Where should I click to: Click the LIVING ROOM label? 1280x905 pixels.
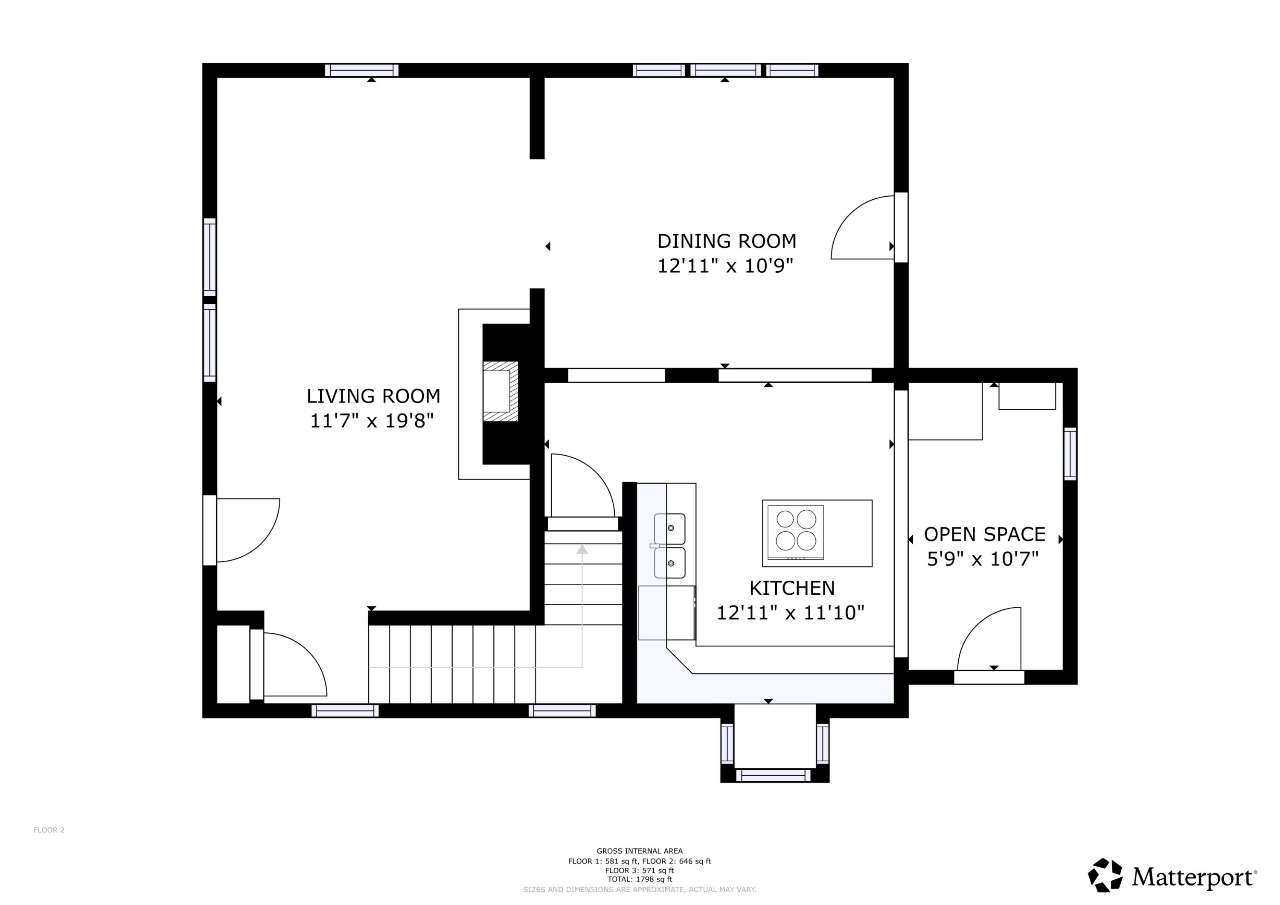pyautogui.click(x=373, y=396)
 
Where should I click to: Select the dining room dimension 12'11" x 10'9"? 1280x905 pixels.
pyautogui.click(x=725, y=266)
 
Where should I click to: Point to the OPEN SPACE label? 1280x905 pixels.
pyautogui.click(x=984, y=534)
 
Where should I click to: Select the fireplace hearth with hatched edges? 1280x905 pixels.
pyautogui.click(x=500, y=391)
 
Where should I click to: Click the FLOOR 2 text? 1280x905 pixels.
pyautogui.click(x=49, y=830)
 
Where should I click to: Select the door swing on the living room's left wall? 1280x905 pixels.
pyautogui.click(x=247, y=529)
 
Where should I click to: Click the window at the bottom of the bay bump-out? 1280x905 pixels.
pyautogui.click(x=773, y=776)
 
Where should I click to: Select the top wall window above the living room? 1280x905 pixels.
pyautogui.click(x=361, y=70)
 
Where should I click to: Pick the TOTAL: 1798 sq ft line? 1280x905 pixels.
pyautogui.click(x=640, y=879)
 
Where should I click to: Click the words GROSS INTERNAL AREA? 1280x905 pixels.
pyautogui.click(x=640, y=851)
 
